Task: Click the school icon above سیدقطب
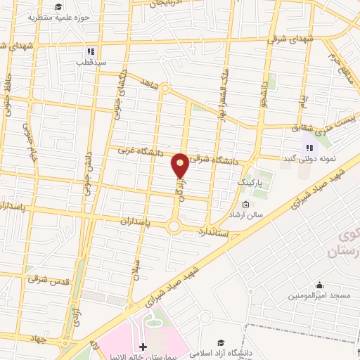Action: (89, 51)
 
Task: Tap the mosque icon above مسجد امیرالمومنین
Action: (320, 285)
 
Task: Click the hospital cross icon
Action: (143, 347)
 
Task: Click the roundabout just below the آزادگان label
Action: (174, 226)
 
